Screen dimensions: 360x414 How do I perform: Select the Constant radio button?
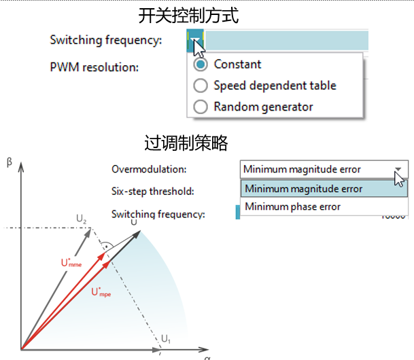[x=201, y=65]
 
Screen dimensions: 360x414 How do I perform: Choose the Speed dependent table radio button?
[x=201, y=86]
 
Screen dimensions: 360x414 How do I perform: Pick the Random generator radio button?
[x=201, y=107]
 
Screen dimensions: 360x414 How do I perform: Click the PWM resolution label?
[x=94, y=67]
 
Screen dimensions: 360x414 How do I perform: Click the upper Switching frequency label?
[x=106, y=40]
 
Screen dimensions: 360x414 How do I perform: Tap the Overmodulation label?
[x=149, y=169]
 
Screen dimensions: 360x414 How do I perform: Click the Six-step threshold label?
[x=153, y=192]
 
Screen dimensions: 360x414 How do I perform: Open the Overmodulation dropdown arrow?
[x=398, y=170]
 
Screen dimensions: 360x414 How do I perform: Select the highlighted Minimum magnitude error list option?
[x=303, y=189]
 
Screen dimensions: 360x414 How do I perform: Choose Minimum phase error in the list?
[x=292, y=206]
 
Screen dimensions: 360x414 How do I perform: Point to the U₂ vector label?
[x=82, y=219]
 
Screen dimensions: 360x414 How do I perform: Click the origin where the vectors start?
[x=22, y=349]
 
